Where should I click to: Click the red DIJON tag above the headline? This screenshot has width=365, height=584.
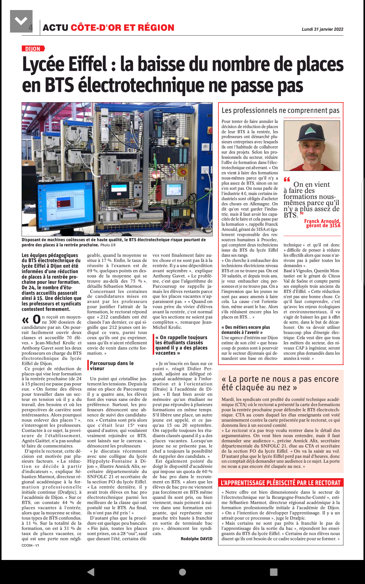tap(33, 49)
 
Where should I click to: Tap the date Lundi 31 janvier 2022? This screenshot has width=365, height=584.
tap(322, 29)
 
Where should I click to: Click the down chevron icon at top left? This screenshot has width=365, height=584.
tap(21, 21)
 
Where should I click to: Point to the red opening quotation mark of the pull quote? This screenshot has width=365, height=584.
tap(287, 179)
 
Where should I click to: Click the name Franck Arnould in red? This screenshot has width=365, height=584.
tap(322, 221)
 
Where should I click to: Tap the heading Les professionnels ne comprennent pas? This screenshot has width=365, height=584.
tap(280, 110)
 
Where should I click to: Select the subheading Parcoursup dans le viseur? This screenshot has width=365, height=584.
tap(112, 366)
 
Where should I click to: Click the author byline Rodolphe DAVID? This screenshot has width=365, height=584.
tap(196, 539)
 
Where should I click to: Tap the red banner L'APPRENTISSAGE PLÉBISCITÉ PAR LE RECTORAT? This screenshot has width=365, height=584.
tap(280, 483)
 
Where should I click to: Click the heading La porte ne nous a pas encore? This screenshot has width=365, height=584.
tap(280, 379)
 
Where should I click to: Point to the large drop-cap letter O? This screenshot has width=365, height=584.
tap(36, 319)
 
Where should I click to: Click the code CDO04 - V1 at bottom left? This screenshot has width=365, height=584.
tap(30, 545)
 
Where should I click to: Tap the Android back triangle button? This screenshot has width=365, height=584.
tap(91, 572)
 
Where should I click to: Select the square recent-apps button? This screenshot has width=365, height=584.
tap(273, 572)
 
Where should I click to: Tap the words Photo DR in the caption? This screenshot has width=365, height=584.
tap(108, 245)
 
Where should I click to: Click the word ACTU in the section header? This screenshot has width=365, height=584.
tap(55, 28)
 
